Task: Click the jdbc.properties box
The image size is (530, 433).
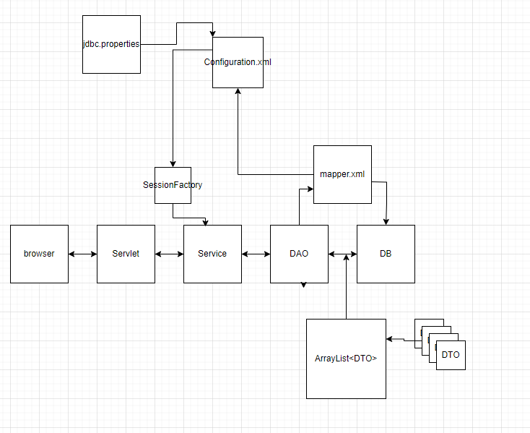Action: coord(111,44)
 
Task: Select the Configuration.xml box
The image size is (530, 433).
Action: coord(238,63)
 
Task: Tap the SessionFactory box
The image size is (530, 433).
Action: coord(173,185)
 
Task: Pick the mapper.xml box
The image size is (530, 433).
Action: coord(342,174)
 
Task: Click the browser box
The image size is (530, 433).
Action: coord(39,254)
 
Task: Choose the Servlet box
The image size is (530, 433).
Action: coord(126,254)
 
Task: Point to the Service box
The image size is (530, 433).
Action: coord(212,254)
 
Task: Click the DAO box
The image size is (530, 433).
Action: coord(299,254)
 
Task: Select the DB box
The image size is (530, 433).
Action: coord(386,254)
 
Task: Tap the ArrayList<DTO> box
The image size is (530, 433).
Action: coord(346,359)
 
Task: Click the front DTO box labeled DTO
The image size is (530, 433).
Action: coord(451,355)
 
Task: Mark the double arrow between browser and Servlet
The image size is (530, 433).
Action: coord(82,254)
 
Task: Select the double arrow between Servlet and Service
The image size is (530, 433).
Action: coord(170,254)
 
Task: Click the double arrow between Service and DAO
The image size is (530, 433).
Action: coord(256,254)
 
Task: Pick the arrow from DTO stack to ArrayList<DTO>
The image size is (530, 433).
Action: coord(401,339)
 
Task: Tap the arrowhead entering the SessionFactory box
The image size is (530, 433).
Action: coord(173,164)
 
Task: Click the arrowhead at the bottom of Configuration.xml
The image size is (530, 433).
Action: coord(238,91)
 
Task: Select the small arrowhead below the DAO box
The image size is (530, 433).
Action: coord(303,285)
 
